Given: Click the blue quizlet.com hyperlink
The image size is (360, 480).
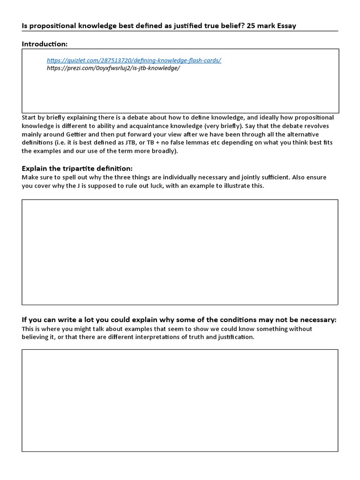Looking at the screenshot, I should click(134, 60).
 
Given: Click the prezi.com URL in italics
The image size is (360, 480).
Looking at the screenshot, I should click(113, 67).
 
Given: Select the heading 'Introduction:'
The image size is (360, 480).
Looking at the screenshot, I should click(45, 44).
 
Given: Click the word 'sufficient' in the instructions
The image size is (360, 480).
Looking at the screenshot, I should click(251, 177).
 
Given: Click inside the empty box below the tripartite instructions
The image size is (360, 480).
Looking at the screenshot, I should click(180, 252).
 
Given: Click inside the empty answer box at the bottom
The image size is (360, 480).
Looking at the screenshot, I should click(180, 400).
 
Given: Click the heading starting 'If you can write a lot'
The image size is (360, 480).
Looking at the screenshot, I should click(179, 320).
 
